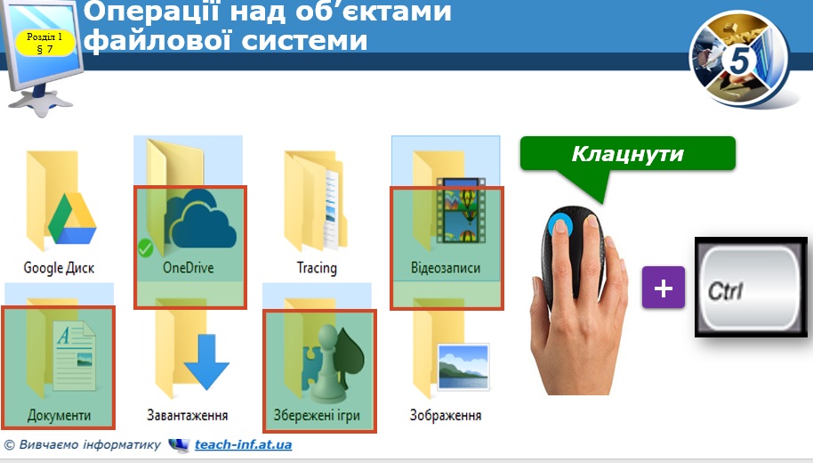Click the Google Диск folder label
[59, 268]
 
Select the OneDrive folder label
[188, 268]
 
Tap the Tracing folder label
[317, 268]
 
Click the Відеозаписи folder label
[446, 268]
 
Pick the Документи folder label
[59, 416]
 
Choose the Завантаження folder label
[188, 416]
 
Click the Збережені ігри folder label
[317, 416]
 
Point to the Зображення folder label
[446, 416]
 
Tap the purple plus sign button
[664, 288]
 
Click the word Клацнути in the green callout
[627, 154]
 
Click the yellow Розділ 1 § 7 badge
[44, 43]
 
